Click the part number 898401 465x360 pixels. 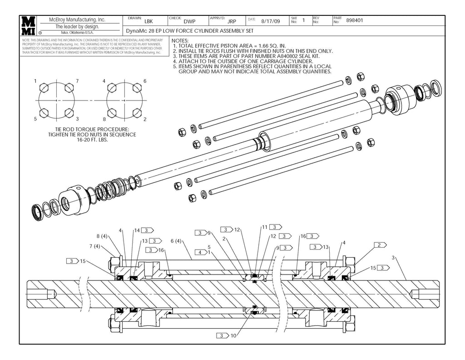tap(355, 20)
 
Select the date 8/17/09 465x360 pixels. tap(271, 21)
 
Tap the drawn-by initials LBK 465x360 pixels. tap(148, 21)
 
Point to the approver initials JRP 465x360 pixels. tap(232, 21)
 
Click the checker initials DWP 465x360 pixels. tap(189, 21)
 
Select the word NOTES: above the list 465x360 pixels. tap(181, 40)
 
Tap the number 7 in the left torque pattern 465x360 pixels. tap(77, 81)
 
